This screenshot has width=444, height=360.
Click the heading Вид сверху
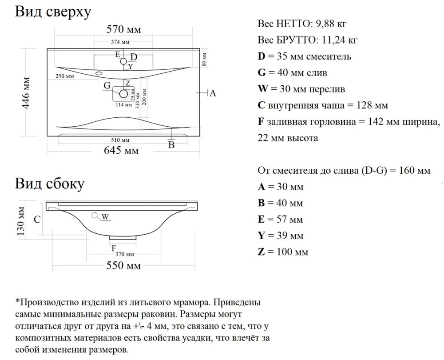coord(53,12)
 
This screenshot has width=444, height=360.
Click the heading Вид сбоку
coord(49,183)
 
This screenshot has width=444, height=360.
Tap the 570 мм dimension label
coord(124,30)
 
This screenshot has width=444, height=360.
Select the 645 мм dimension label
coord(122,151)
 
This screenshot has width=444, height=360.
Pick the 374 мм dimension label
coord(120,42)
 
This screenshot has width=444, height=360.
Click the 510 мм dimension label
coord(120,141)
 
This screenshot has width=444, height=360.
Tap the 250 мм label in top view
coord(64,76)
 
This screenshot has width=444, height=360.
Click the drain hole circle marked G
coord(123,94)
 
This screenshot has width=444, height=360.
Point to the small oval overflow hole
coord(99,73)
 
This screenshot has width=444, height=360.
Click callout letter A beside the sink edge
coord(213,93)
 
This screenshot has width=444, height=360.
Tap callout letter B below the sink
coord(171,145)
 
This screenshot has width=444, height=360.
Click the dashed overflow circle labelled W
coord(94,216)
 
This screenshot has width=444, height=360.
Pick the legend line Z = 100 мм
coord(283,252)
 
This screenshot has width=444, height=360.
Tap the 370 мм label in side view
coord(125,254)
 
